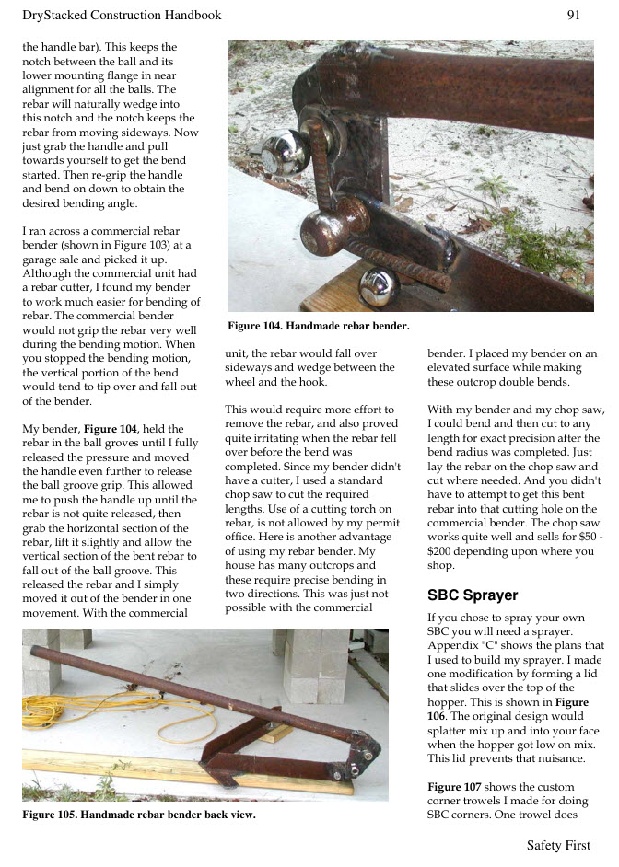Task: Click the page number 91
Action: pyautogui.click(x=573, y=15)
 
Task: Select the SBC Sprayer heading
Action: pyautogui.click(x=473, y=595)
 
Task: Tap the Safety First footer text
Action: pyautogui.click(x=558, y=845)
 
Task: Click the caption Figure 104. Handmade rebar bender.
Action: pyautogui.click(x=318, y=326)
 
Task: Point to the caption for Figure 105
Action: pyautogui.click(x=138, y=815)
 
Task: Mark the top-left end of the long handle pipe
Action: pyautogui.click(x=37, y=641)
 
